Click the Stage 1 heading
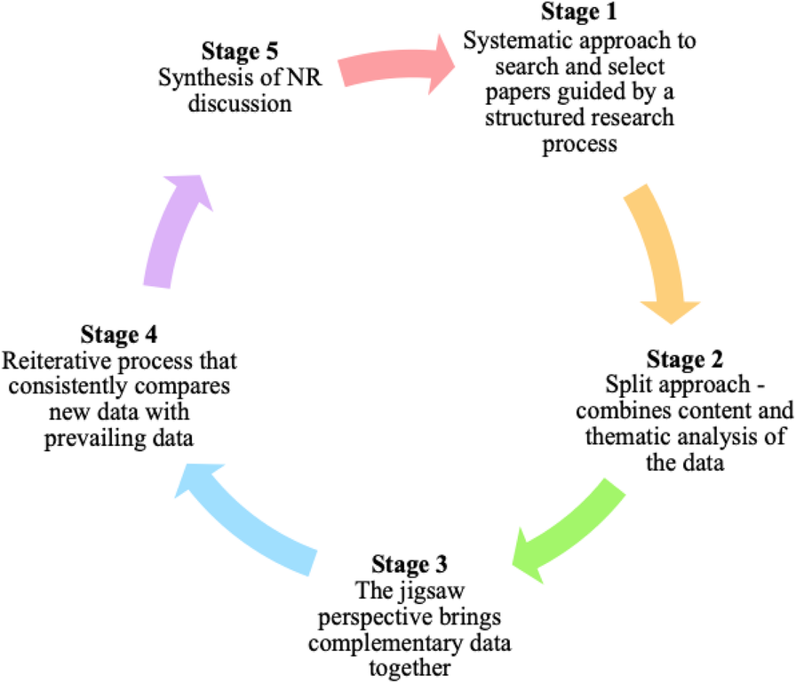point(579,14)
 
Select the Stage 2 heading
point(684,360)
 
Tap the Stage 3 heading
point(410,564)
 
